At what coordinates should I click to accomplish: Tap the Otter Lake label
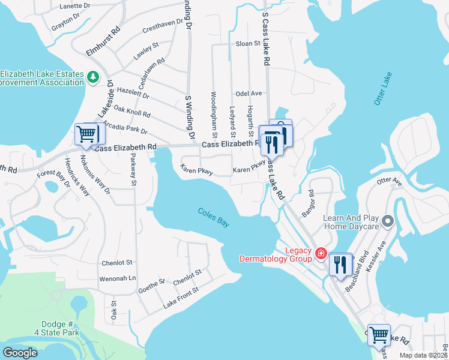tap(382, 89)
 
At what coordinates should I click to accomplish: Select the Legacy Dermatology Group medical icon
tap(321, 254)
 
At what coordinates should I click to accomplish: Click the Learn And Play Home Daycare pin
tap(388, 222)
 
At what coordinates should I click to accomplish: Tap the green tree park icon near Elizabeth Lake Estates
tap(92, 77)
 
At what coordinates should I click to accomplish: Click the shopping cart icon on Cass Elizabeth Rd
tap(86, 134)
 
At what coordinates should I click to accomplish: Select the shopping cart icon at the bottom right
tap(378, 334)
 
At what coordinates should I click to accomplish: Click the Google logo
tap(20, 353)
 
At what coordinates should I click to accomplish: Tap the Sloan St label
tap(247, 44)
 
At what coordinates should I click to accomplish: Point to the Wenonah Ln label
tap(118, 278)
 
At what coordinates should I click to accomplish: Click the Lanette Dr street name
tap(75, 6)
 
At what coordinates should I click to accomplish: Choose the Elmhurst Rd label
tap(103, 41)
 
